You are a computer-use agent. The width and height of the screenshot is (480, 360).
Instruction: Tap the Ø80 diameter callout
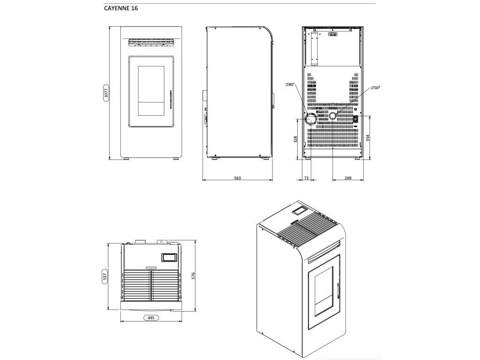pyautogui.click(x=289, y=84)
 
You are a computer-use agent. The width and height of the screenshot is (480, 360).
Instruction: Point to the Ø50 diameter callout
pyautogui.click(x=375, y=88)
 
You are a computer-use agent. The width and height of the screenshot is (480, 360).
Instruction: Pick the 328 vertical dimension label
pyautogui.click(x=295, y=140)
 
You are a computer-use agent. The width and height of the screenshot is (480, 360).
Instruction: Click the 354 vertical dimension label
pyautogui.click(x=368, y=137)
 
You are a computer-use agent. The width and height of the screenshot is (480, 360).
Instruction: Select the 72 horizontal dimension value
pyautogui.click(x=307, y=178)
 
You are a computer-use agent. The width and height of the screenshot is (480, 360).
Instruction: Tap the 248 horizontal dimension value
pyautogui.click(x=348, y=178)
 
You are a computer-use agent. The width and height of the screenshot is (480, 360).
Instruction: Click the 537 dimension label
pyautogui.click(x=105, y=276)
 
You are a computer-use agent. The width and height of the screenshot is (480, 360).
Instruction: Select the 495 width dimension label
pyautogui.click(x=150, y=317)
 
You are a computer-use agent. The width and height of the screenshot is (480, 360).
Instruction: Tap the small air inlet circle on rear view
pyautogui.click(x=333, y=115)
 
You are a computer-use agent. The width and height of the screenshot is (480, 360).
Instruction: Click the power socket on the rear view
pyautogui.click(x=355, y=119)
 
